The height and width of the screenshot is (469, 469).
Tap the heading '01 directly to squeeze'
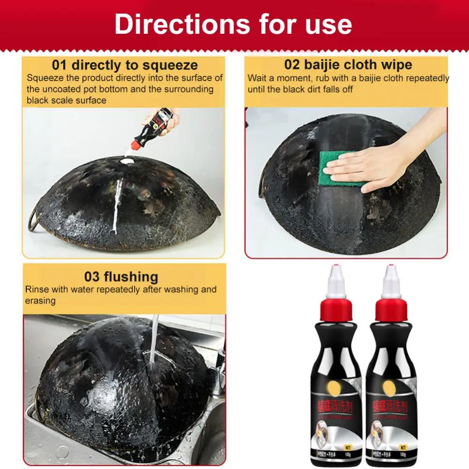coord(124,65)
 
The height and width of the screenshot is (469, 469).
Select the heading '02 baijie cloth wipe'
coord(348,64)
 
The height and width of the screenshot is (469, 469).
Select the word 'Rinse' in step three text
coord(37,289)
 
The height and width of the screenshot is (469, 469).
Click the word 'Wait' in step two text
coord(257,78)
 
